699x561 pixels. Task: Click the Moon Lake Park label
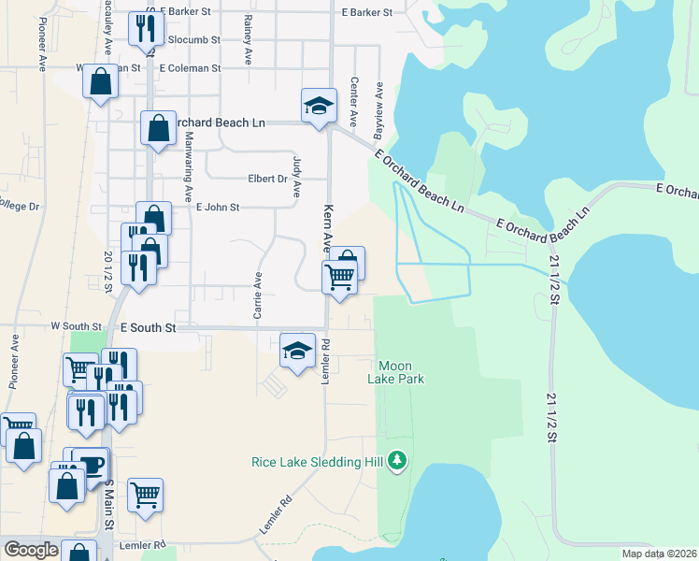click(401, 371)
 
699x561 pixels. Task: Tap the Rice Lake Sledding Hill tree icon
click(398, 460)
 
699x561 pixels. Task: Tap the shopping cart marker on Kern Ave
click(339, 278)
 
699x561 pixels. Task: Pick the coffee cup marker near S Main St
click(93, 465)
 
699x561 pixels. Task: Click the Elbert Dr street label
click(266, 180)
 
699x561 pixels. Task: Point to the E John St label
click(218, 208)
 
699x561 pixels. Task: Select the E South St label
click(149, 328)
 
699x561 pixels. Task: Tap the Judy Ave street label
click(297, 176)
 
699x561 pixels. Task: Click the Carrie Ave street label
click(258, 295)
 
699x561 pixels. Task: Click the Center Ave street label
click(354, 103)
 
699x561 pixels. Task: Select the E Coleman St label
click(190, 68)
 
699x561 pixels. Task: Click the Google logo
click(31, 550)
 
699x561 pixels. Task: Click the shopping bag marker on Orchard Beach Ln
click(158, 128)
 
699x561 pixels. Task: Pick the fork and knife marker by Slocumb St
click(145, 30)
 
